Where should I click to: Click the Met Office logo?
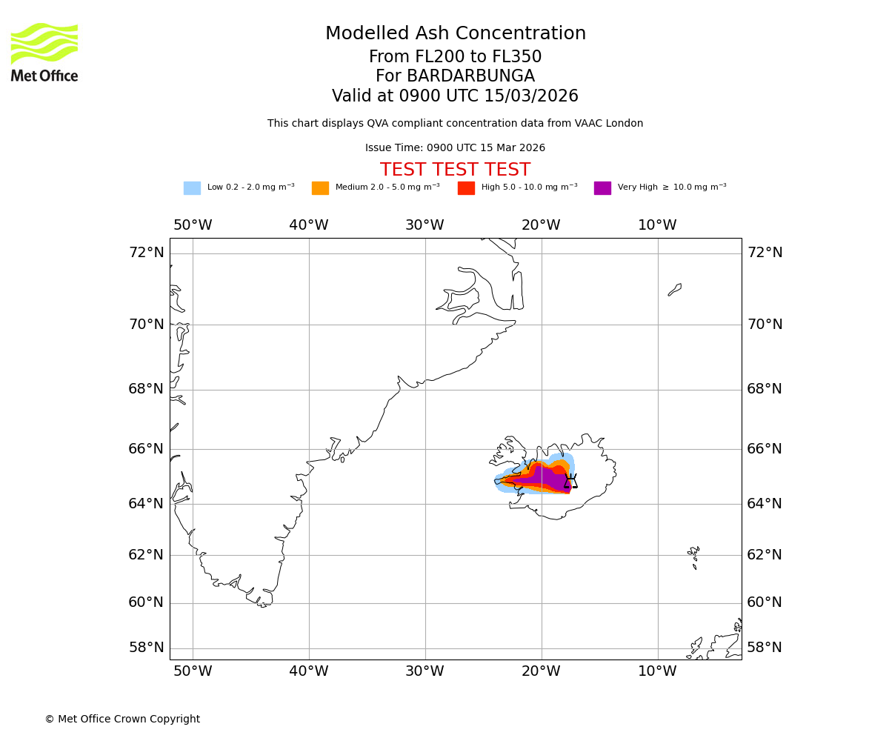pyautogui.click(x=44, y=52)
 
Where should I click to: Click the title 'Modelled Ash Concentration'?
pyautogui.click(x=455, y=34)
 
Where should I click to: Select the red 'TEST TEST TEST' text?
pyautogui.click(x=455, y=170)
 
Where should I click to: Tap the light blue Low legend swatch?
pyautogui.click(x=192, y=188)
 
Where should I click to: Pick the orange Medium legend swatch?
pyautogui.click(x=320, y=188)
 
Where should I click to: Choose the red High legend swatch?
pyautogui.click(x=466, y=188)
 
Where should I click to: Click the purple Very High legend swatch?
pyautogui.click(x=602, y=188)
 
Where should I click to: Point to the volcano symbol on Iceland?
pyautogui.click(x=570, y=482)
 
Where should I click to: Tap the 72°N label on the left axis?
pyautogui.click(x=146, y=253)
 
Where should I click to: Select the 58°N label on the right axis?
pyautogui.click(x=764, y=648)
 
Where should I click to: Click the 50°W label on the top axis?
pyautogui.click(x=193, y=225)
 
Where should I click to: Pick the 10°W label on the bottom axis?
pyautogui.click(x=657, y=671)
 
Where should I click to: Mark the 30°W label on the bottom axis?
pyautogui.click(x=424, y=671)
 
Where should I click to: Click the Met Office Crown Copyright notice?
pyautogui.click(x=122, y=719)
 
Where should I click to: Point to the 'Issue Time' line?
pyautogui.click(x=455, y=148)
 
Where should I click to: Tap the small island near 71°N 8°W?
pyautogui.click(x=675, y=289)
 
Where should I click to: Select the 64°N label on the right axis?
pyautogui.click(x=764, y=504)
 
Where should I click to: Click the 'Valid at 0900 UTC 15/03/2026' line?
pyautogui.click(x=455, y=96)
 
